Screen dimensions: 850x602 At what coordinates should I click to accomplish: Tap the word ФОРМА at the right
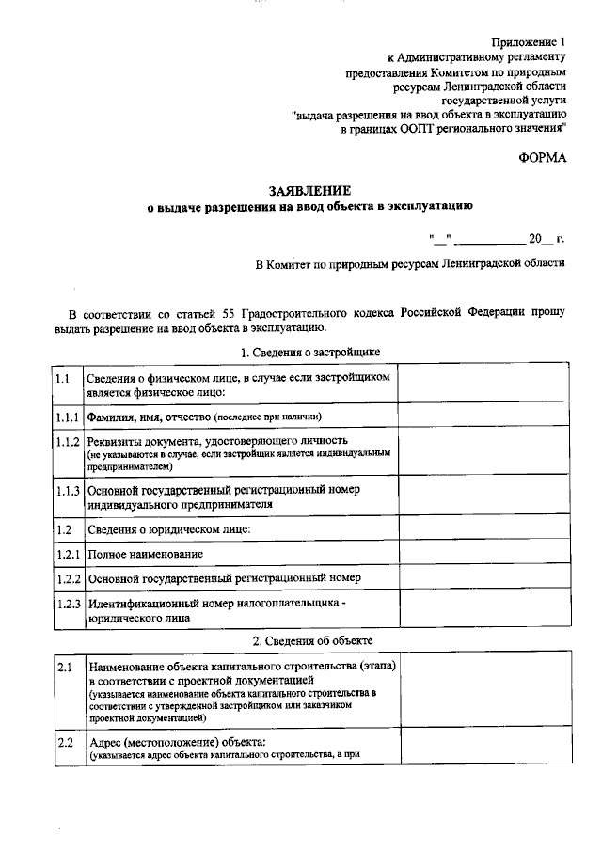[x=543, y=157]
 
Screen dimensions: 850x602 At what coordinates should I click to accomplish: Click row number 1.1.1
[x=66, y=416]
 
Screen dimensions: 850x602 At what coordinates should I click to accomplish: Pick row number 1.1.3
[x=66, y=490]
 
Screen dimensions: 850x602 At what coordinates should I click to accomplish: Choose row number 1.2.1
[x=66, y=554]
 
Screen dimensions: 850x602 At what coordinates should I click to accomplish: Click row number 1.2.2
[x=66, y=577]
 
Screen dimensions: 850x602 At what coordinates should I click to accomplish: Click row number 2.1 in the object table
[x=64, y=667]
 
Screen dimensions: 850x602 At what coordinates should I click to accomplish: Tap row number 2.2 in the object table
[x=64, y=743]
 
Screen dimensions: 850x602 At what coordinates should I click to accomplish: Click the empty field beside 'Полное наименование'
[x=483, y=554]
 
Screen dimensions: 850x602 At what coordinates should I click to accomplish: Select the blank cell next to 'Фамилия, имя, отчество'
[x=483, y=416]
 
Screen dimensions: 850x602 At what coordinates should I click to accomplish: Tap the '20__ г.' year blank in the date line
[x=545, y=239]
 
